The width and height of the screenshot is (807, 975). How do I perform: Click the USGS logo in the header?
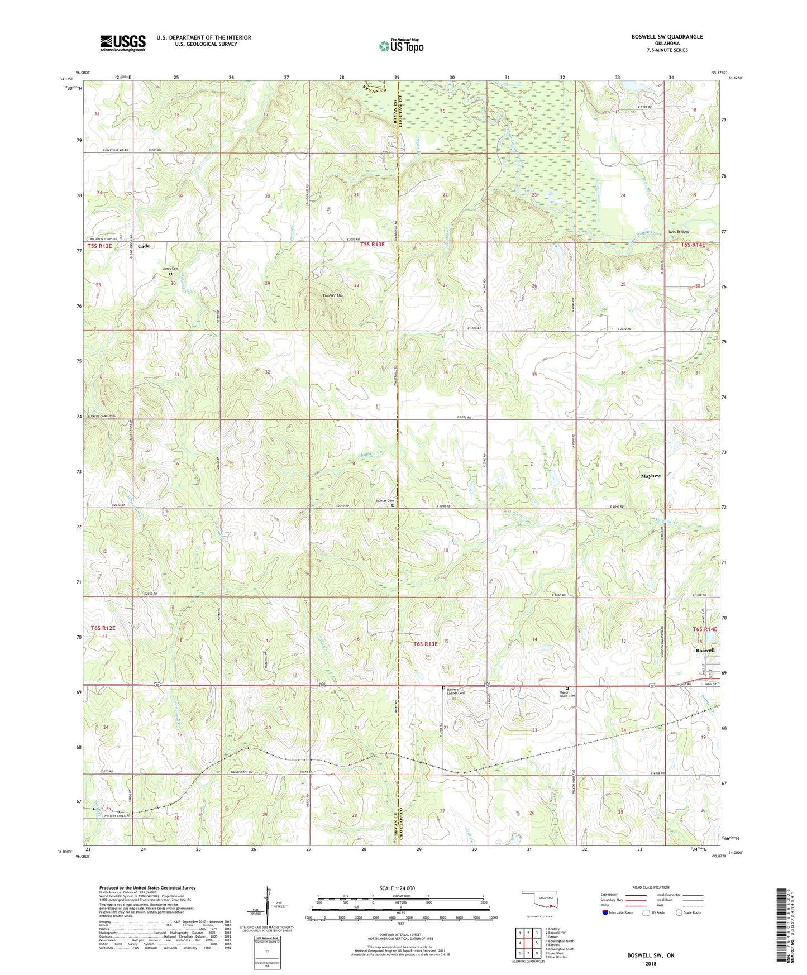tap(123, 43)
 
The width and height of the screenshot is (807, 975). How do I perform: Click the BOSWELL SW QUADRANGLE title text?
tap(667, 37)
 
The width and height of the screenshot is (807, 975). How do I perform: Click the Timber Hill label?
tap(333, 295)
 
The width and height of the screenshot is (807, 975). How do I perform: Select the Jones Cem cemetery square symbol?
tap(171, 274)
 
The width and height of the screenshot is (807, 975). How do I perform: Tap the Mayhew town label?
tap(651, 476)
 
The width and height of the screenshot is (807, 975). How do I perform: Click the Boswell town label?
tap(705, 650)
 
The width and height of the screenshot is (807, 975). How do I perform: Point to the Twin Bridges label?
tap(679, 231)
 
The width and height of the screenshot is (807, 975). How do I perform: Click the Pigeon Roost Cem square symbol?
tap(567, 689)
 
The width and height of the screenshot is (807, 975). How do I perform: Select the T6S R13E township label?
tap(426, 644)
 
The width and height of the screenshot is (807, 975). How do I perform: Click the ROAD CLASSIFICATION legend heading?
tap(651, 887)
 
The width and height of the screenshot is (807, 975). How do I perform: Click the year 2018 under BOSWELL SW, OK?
tap(651, 963)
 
